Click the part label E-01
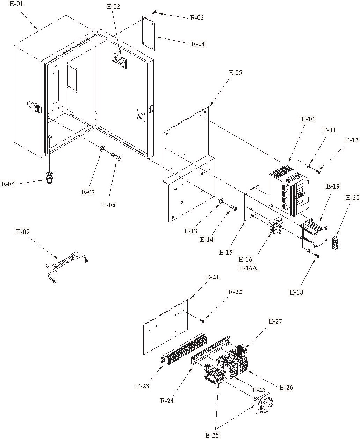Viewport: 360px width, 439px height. pos(16,4)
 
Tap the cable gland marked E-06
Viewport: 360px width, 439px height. pos(49,177)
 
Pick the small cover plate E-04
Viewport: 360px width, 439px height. pos(149,33)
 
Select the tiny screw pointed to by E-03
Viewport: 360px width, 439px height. pos(155,12)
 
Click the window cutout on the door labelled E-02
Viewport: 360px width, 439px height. pos(119,60)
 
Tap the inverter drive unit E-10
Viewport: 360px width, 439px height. pos(289,190)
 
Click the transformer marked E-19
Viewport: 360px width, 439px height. pos(314,233)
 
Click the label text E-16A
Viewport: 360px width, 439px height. pos(248,268)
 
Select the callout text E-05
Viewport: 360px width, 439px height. pos(235,72)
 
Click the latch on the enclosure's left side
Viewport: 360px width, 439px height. pos(34,107)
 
